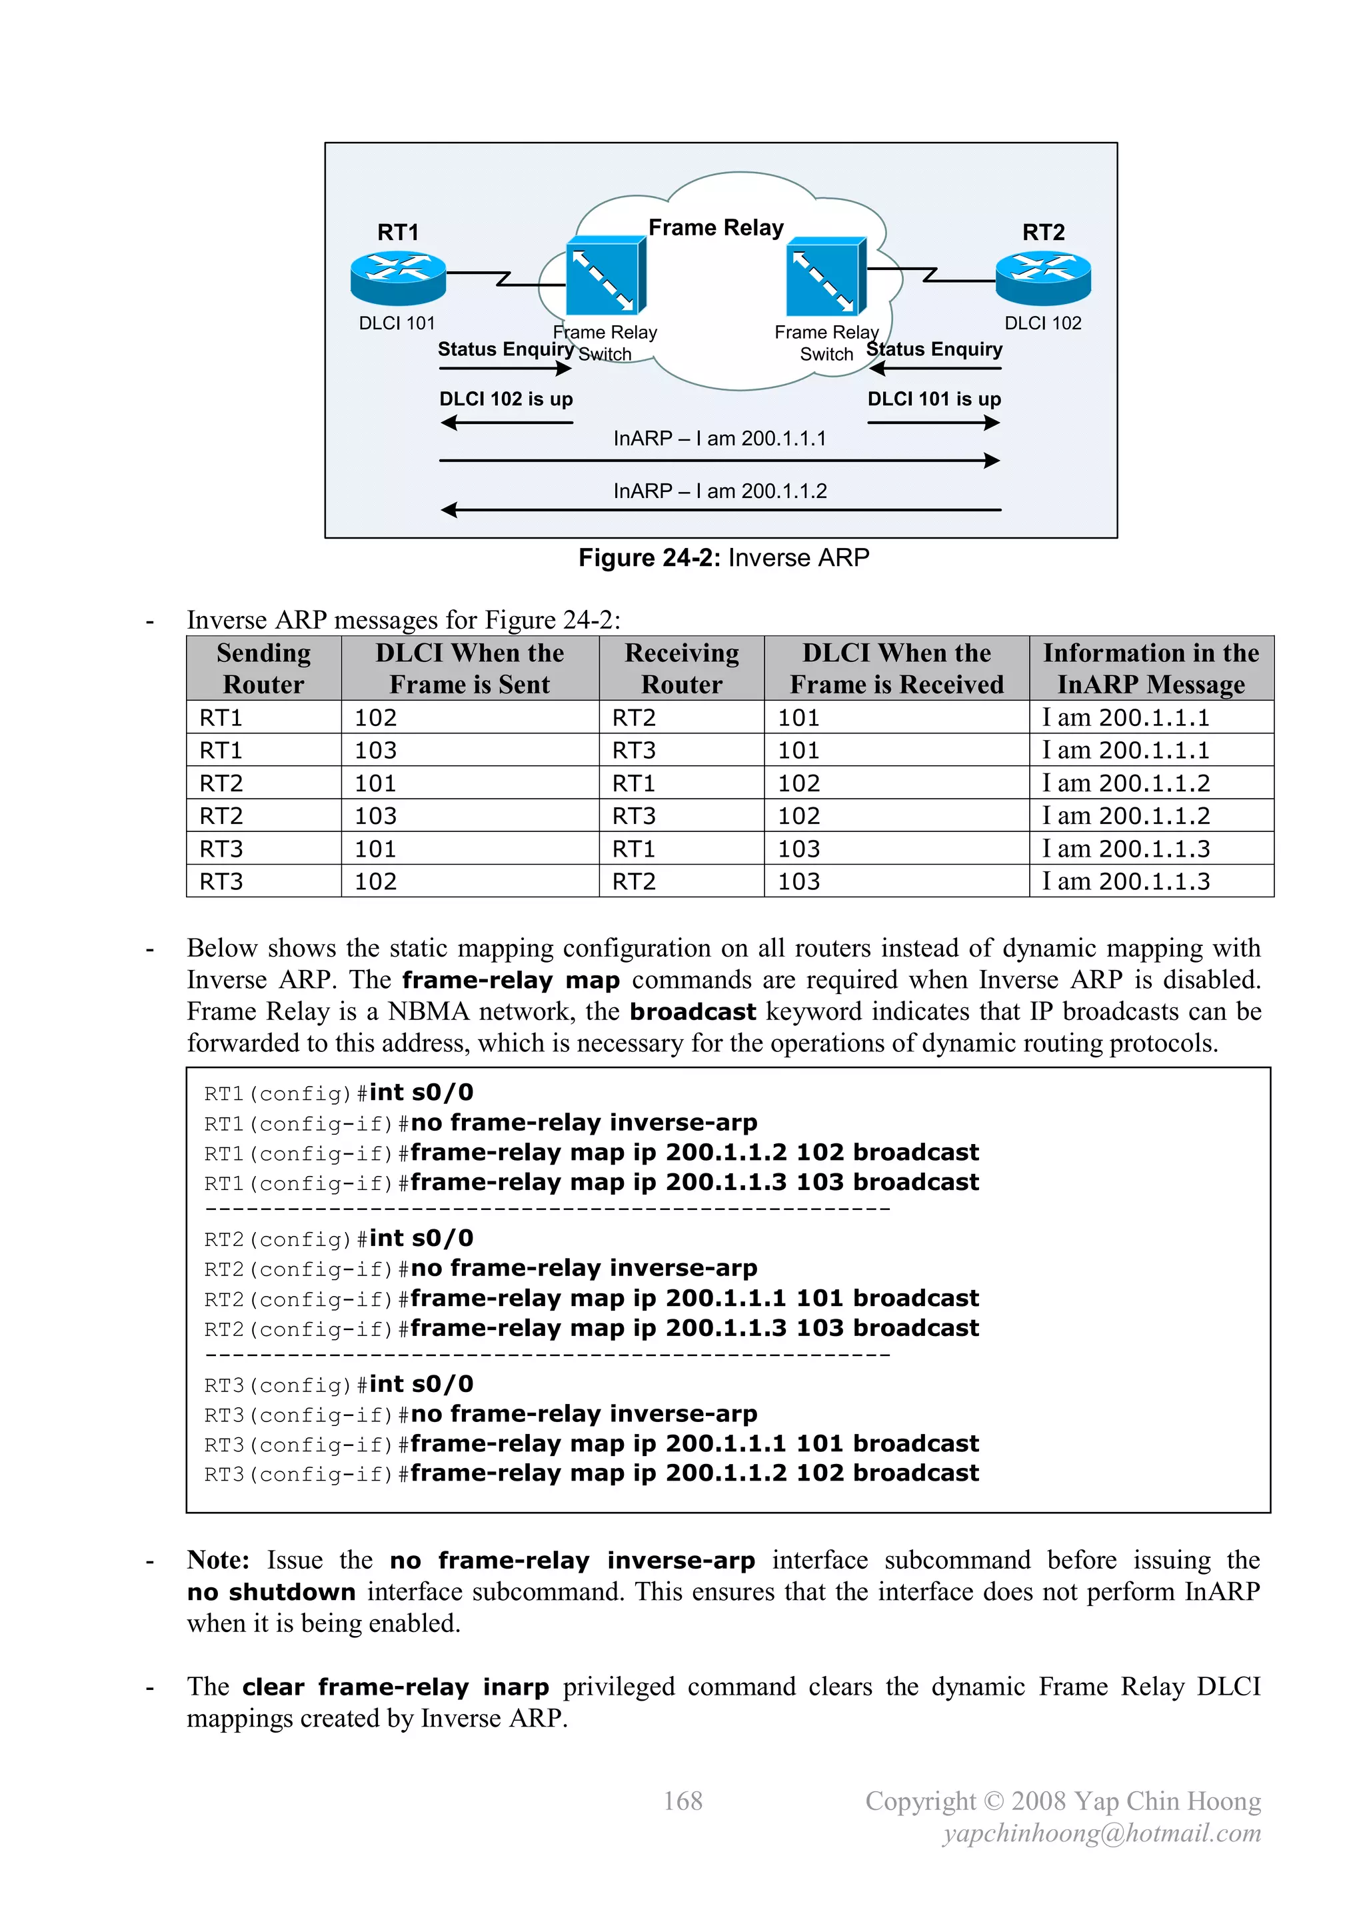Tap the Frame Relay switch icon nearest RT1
coord(605,277)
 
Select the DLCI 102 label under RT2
coord(1042,323)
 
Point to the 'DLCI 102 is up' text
coord(506,399)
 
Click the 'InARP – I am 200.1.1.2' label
coord(719,491)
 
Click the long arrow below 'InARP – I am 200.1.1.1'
coord(719,461)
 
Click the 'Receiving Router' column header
coord(682,668)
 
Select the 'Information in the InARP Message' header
coord(1150,668)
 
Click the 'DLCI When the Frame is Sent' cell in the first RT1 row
coord(376,718)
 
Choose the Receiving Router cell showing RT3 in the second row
coord(634,750)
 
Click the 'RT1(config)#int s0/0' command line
coord(339,1093)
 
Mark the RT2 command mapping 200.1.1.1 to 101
coord(591,1299)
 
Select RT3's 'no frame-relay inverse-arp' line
coord(481,1414)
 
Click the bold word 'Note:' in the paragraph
coord(218,1560)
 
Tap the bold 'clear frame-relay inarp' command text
coord(395,1687)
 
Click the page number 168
coord(682,1801)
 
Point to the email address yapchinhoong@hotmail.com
coord(1101,1833)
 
